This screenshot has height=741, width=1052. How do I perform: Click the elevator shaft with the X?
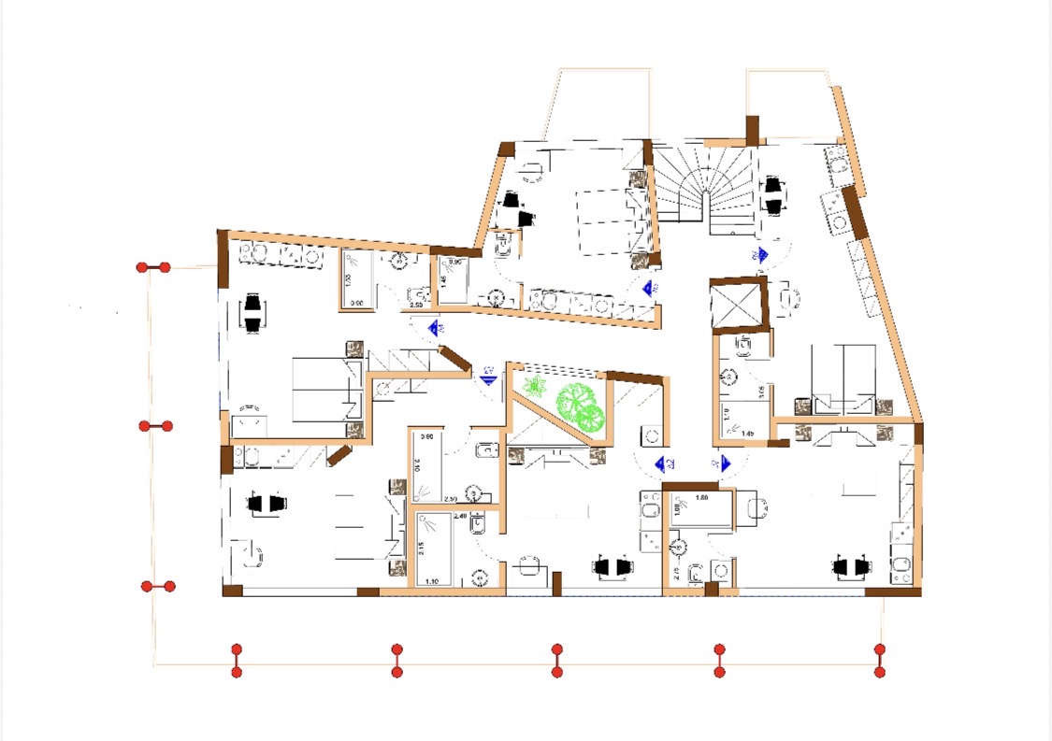738,306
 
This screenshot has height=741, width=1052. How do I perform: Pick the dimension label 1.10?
432,582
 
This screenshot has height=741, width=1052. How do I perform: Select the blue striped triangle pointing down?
487,378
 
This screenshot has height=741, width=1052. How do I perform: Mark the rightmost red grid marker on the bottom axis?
879,660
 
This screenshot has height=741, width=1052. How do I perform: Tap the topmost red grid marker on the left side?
153,268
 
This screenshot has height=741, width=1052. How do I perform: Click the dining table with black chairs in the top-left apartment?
252,313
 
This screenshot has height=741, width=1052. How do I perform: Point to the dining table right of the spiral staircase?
773,196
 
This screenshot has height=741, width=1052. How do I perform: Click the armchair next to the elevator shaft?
788,298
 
